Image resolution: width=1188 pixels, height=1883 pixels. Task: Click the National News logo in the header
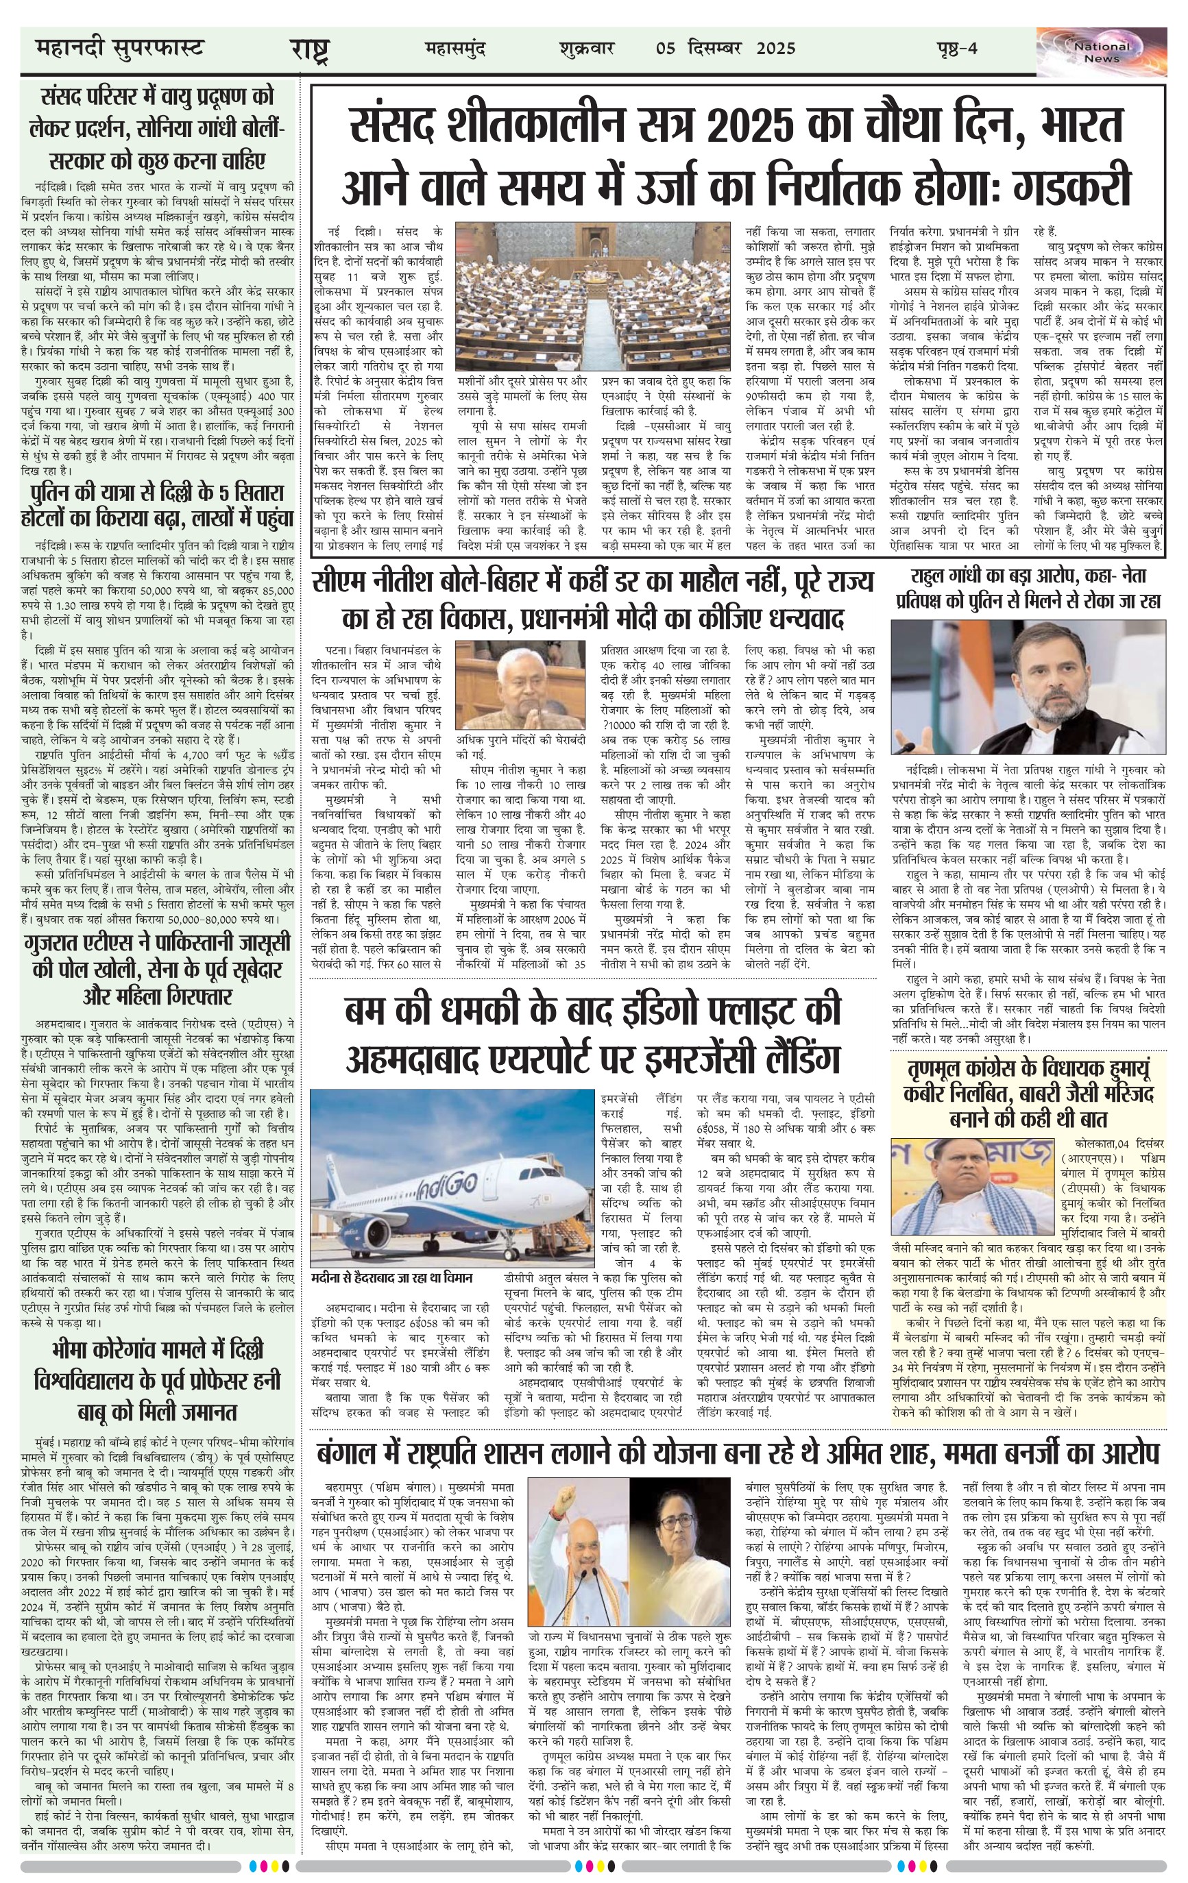pos(1100,51)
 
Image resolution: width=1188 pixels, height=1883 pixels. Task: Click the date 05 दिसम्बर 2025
pos(726,49)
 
